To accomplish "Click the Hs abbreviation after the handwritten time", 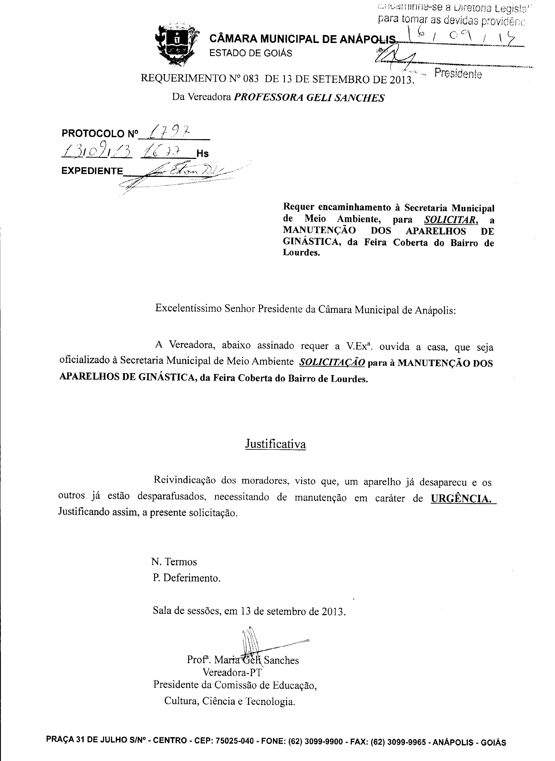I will (x=202, y=154).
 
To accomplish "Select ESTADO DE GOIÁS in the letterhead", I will (x=251, y=53).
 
